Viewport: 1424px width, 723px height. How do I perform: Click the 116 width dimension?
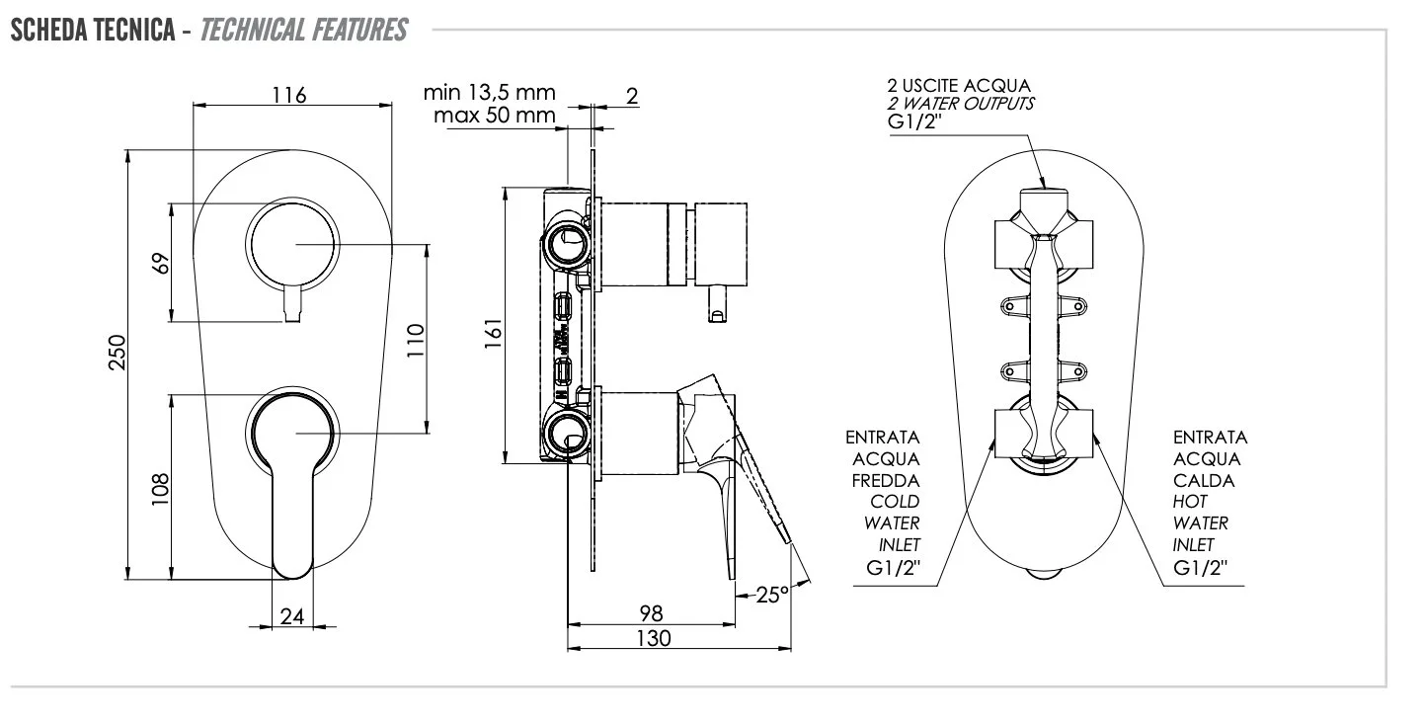(x=289, y=95)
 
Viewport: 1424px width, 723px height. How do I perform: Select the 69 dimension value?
(x=162, y=263)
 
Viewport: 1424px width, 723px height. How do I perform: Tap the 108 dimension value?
(x=162, y=488)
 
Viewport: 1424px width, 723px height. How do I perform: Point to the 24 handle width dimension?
(x=291, y=616)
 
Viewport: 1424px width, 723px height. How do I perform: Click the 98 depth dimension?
(x=651, y=614)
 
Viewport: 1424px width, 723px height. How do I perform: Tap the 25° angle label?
(x=772, y=595)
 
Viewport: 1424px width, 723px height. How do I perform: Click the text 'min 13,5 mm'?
(x=490, y=93)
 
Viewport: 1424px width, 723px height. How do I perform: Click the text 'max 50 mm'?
(x=494, y=116)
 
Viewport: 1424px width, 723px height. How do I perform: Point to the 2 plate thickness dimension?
(x=632, y=95)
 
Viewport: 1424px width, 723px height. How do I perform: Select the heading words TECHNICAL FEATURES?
(x=302, y=31)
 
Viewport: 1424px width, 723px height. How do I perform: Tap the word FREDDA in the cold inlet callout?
(x=886, y=480)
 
